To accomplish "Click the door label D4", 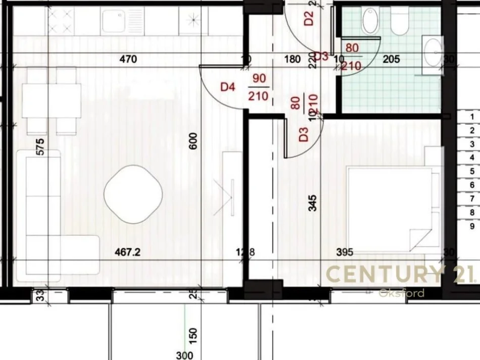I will [228, 87].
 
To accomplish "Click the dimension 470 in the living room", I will [128, 60].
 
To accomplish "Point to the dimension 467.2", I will [127, 252].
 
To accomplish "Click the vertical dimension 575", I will [40, 147].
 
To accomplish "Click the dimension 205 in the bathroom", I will [391, 60].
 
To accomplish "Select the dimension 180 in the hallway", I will [293, 60].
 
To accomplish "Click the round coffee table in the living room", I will [133, 193].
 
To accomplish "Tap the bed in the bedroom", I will [389, 210].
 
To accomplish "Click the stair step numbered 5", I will [471, 171].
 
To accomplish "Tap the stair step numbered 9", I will [471, 227].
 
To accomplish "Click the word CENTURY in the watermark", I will [384, 274].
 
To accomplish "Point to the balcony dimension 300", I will [185, 355].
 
